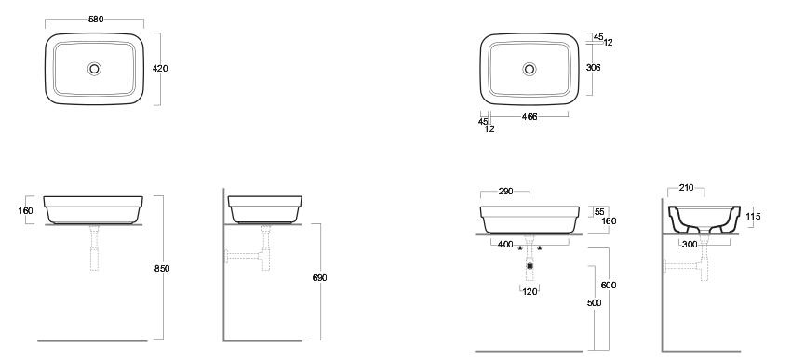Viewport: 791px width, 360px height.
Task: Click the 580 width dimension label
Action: click(x=96, y=20)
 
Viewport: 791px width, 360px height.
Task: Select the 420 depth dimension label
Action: click(x=160, y=69)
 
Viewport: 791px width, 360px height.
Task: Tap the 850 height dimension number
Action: click(x=162, y=268)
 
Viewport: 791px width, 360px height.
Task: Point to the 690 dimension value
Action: click(x=319, y=277)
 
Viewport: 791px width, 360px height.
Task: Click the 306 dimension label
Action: click(x=594, y=68)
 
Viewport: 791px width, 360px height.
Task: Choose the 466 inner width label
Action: click(x=530, y=116)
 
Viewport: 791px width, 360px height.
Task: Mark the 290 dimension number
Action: click(x=505, y=191)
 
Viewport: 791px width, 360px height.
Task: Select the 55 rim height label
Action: click(x=599, y=212)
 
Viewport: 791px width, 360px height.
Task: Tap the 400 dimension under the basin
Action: click(x=505, y=245)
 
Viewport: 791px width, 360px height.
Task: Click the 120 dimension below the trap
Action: click(x=530, y=291)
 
